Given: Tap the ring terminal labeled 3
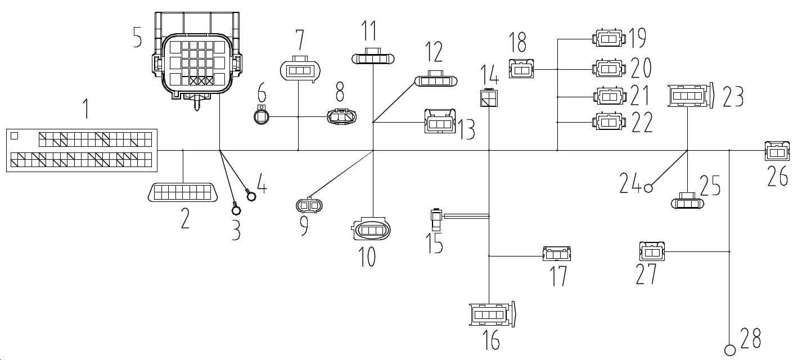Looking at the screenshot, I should click(x=236, y=210).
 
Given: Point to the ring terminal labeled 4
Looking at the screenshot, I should click(x=251, y=195).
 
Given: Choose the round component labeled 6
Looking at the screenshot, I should click(x=261, y=116).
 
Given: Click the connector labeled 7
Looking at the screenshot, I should click(x=299, y=71).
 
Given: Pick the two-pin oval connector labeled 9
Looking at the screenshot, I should click(x=310, y=206).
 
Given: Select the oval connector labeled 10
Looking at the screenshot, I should click(x=371, y=231).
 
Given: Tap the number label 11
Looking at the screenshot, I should click(x=370, y=30).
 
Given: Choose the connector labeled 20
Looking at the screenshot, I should click(x=609, y=69).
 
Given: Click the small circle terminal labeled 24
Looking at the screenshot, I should click(x=648, y=188).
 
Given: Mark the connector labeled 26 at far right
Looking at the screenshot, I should click(x=777, y=151).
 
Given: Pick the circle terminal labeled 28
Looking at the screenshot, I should click(x=731, y=350).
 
